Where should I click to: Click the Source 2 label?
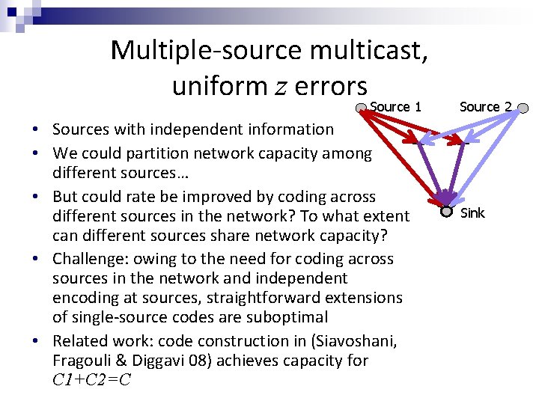tap(485, 107)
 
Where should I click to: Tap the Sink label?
tap(472, 213)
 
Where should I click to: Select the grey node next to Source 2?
tap(524, 109)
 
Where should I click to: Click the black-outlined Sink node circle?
tap(446, 212)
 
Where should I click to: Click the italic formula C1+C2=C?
tap(91, 379)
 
